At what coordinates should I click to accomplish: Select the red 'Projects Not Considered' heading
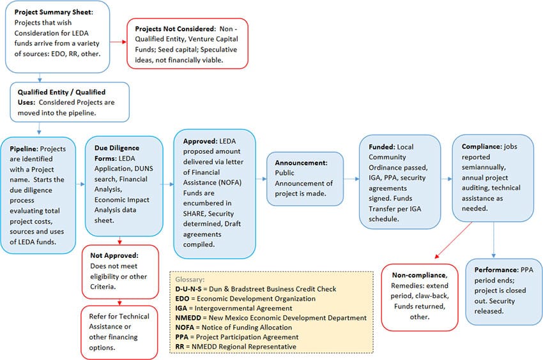170,29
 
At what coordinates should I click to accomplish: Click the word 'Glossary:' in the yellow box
190,280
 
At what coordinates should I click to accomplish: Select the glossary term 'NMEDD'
190,317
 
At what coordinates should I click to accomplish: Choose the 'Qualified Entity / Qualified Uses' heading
61,93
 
